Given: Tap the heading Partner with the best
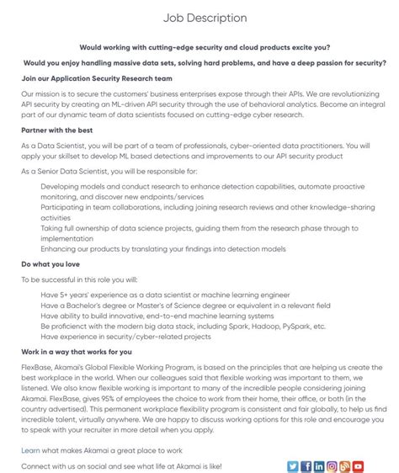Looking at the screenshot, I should click(57, 130).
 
